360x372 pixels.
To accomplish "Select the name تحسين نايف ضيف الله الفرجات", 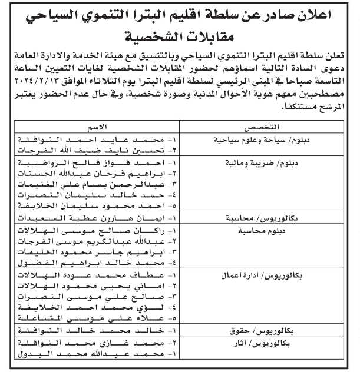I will pos(106,151).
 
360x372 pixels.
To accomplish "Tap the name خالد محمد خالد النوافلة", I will pos(106,331).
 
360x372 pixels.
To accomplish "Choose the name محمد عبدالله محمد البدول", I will pos(106,354).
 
